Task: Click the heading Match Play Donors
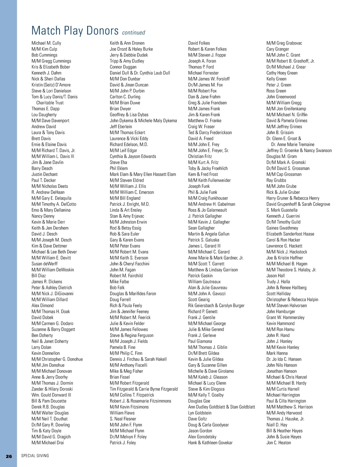click(x=75, y=31)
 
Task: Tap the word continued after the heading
click(x=133, y=33)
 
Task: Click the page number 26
click(x=9, y=456)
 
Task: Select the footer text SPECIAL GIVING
click(x=35, y=456)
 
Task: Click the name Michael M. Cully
click(x=46, y=43)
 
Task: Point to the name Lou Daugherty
click(x=44, y=115)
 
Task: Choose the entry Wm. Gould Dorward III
click(x=51, y=395)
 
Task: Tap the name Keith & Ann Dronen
click(x=127, y=43)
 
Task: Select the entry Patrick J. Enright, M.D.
click(x=130, y=204)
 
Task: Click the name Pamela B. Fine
click(x=122, y=347)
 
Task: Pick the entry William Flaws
click(x=122, y=413)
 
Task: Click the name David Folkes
click(x=199, y=43)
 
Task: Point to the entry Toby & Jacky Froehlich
click(x=208, y=168)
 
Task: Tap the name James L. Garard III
click(x=204, y=246)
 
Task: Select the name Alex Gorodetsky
click(x=202, y=437)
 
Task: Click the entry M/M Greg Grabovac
click(x=284, y=43)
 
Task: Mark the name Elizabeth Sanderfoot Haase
click(x=290, y=234)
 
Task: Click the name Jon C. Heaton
click(x=279, y=443)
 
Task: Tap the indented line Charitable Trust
click(x=50, y=103)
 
